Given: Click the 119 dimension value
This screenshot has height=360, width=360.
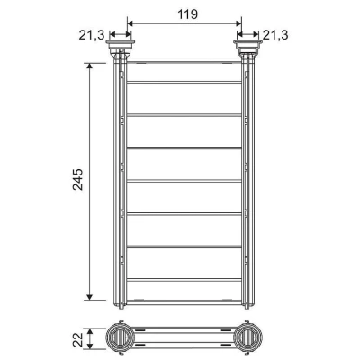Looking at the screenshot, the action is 188,14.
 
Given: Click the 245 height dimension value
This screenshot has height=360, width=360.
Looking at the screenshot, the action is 77,179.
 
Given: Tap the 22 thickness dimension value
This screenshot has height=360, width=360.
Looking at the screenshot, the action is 78,338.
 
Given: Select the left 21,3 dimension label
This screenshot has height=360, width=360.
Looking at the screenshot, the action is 92,35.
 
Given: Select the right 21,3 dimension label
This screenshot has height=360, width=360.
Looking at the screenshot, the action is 275,35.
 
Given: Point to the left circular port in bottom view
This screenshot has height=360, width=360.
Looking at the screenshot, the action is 121,337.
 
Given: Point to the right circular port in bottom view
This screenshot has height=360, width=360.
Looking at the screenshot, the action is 247,337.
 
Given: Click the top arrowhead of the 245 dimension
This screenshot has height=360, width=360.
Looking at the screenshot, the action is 89,66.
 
